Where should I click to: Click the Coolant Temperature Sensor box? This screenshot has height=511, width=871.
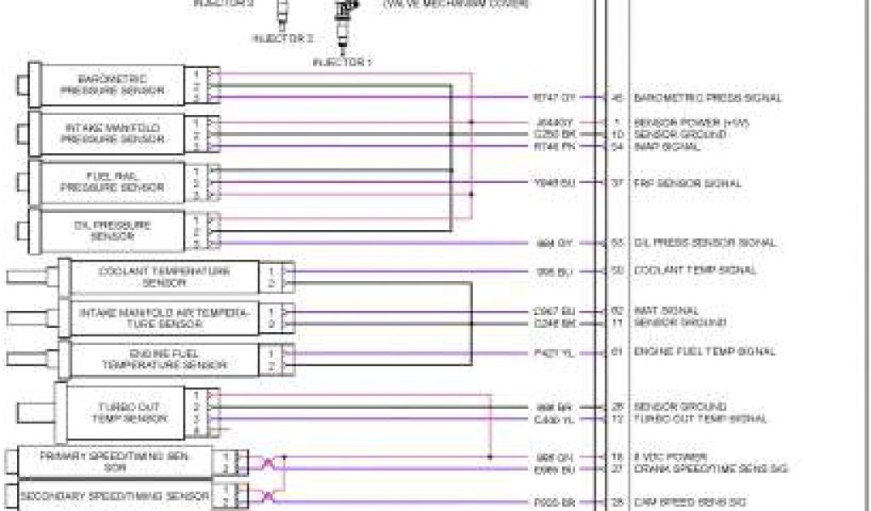point(164,276)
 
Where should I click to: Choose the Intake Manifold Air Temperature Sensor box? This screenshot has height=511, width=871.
point(164,318)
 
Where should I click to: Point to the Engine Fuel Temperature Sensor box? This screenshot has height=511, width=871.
point(164,359)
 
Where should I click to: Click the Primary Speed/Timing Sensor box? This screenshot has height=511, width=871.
point(115,461)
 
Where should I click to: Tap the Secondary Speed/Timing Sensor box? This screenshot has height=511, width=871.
point(115,496)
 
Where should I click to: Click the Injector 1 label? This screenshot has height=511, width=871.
point(342,62)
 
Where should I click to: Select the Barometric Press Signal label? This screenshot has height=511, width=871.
point(708,98)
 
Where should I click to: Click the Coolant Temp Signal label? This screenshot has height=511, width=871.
point(695,270)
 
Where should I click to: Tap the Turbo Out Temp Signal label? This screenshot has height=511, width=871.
point(700,418)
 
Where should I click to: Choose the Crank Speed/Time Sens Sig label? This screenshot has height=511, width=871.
point(711,468)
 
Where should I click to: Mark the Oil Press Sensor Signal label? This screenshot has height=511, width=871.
point(705,243)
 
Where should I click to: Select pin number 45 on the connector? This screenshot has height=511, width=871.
point(618,98)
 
